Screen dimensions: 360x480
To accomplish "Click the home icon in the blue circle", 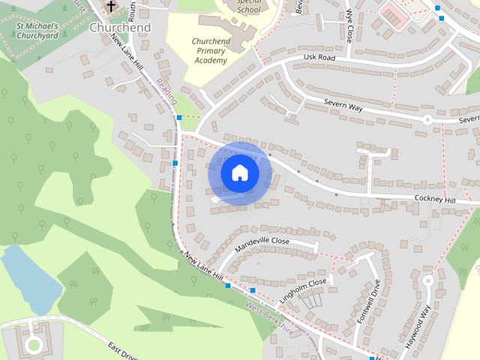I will coord(239,173).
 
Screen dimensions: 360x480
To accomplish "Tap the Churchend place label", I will coord(120,28).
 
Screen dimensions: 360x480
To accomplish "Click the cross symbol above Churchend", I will coord(111,7).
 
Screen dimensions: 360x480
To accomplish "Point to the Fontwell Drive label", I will coord(369,301).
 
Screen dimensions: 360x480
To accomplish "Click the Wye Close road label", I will coord(349,25).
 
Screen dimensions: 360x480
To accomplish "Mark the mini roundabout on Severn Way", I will coord(427,119).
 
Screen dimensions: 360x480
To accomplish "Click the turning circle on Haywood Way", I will coord(428,281).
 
